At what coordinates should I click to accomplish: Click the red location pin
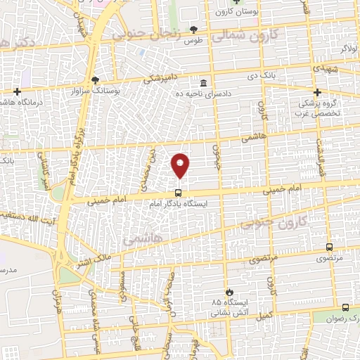click(x=180, y=165)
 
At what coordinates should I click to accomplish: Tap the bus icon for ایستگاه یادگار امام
click(x=178, y=193)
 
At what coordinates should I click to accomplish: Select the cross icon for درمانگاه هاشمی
click(x=17, y=92)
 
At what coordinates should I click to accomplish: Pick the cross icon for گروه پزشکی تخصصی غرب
click(x=317, y=92)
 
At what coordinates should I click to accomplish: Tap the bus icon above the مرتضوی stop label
click(x=330, y=247)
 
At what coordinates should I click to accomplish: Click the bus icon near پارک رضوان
click(x=345, y=307)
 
